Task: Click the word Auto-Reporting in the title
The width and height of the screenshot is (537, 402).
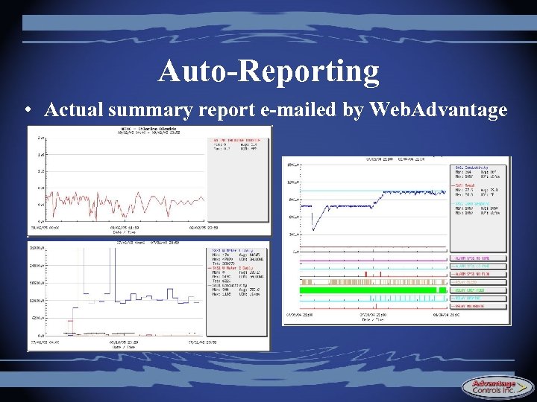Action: [x=268, y=71]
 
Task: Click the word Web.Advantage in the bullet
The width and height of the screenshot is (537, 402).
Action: [x=439, y=110]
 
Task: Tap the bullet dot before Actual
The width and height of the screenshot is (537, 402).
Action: [x=26, y=111]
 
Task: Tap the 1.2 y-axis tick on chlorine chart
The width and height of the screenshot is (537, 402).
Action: [x=41, y=171]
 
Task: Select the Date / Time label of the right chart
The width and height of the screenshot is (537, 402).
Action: [x=370, y=320]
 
